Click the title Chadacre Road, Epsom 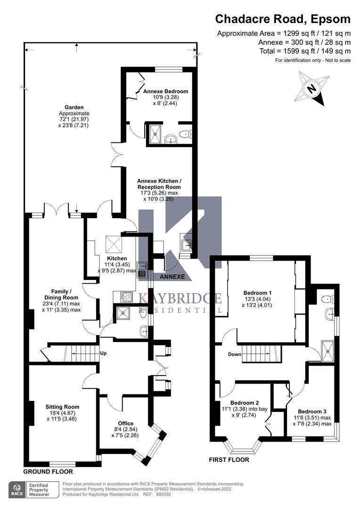coord(283,19)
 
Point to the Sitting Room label coord(62,407)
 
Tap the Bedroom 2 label coord(244,402)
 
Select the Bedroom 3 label coord(311,411)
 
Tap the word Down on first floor coord(234,354)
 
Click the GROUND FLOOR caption coord(48,471)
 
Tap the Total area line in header coord(305,51)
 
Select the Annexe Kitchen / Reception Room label coord(159,184)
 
